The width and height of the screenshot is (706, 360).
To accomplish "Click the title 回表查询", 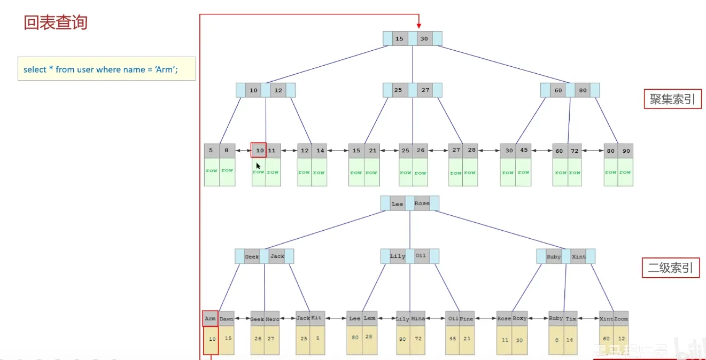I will pyautogui.click(x=56, y=22).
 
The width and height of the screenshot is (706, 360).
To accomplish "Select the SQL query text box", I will pyautogui.click(x=106, y=69).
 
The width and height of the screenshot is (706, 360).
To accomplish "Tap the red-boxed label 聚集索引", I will pyautogui.click(x=672, y=99).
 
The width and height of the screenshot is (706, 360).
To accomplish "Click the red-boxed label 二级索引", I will pyautogui.click(x=670, y=268).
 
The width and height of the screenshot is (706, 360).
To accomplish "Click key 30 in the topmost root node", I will pyautogui.click(x=424, y=38).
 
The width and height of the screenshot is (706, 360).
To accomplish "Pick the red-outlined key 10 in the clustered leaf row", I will pyautogui.click(x=259, y=151).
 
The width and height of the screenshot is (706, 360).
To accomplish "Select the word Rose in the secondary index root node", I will pyautogui.click(x=422, y=204).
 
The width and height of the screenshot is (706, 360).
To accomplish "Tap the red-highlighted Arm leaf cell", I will pyautogui.click(x=210, y=319).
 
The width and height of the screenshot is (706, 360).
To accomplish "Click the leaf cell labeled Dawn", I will pyautogui.click(x=227, y=319).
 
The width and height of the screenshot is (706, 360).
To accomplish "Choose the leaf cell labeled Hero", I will pyautogui.click(x=272, y=319).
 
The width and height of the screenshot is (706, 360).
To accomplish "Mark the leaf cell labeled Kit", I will pyautogui.click(x=317, y=318).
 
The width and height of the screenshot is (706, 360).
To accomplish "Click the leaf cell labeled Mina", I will pyautogui.click(x=418, y=319).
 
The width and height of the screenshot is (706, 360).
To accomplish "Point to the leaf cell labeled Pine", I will pyautogui.click(x=467, y=319).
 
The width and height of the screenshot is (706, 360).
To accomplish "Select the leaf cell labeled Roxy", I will pyautogui.click(x=519, y=318).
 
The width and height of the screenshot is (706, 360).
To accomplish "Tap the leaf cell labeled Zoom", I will pyautogui.click(x=621, y=319).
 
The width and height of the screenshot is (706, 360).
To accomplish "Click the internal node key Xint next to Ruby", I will pyautogui.click(x=578, y=257).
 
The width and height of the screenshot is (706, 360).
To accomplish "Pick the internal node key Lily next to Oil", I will pyautogui.click(x=398, y=256).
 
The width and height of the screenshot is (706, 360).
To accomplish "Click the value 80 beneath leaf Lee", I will pyautogui.click(x=354, y=338).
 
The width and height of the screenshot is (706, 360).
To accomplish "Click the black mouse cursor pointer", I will pyautogui.click(x=258, y=166).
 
